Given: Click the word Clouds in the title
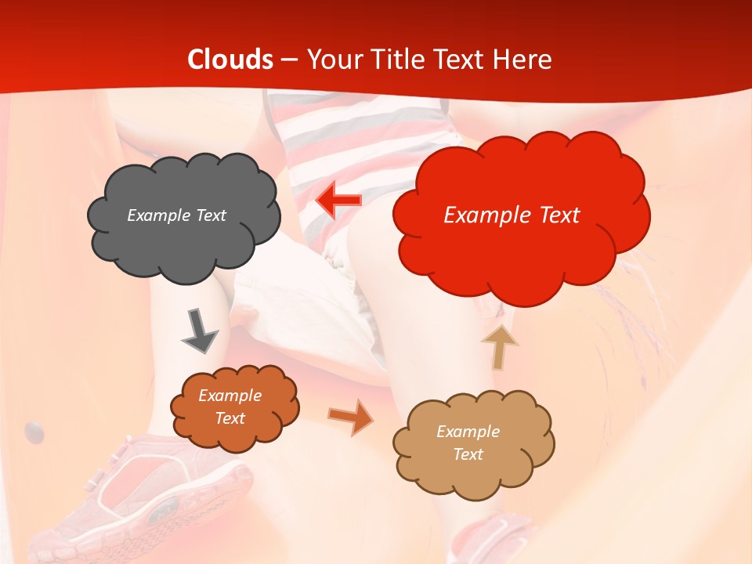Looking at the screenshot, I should [x=230, y=60].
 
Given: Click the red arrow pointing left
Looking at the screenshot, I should [x=338, y=201].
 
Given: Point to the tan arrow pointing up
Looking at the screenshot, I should [x=499, y=347].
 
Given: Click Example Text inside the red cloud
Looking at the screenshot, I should [x=512, y=215].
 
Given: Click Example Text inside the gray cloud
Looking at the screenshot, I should [x=176, y=215].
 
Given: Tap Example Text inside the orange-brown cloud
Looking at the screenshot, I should [x=230, y=407].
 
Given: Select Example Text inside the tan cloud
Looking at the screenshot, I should [x=468, y=443].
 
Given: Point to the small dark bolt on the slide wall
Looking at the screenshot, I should [x=34, y=430].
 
